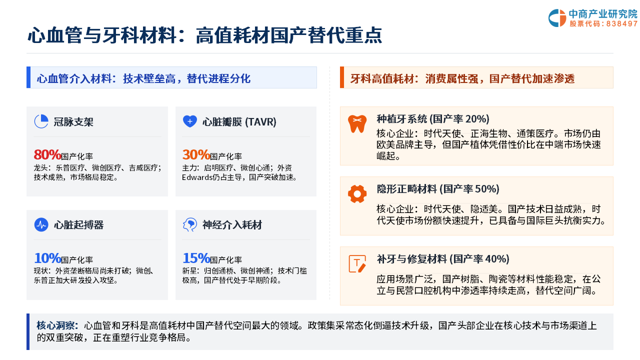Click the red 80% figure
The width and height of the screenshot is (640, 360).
47,155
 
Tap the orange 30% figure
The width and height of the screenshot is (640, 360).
196,155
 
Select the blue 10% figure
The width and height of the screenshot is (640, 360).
47,258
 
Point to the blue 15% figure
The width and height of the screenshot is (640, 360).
196,258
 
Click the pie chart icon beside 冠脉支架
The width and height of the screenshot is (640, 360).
41,121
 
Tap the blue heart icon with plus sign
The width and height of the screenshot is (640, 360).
190,121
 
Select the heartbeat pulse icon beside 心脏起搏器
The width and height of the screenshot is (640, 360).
41,224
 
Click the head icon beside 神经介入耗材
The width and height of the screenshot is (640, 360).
190,224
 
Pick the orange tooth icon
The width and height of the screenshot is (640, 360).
357,123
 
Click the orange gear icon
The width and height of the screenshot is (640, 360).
357,194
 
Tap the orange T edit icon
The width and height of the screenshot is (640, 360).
357,263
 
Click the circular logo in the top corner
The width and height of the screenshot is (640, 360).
557,18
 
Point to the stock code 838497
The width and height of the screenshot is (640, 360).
621,23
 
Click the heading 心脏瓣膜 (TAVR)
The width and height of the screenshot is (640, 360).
239,122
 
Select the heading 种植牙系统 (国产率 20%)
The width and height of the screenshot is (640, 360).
433,119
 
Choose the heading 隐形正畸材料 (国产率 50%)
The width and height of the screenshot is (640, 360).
438,189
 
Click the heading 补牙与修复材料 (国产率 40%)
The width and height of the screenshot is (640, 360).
443,259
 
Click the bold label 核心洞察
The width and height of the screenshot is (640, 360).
57,325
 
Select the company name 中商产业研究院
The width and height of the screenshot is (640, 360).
603,13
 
